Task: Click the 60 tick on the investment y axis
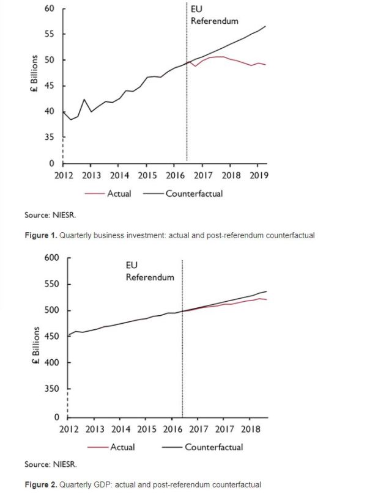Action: [50, 9]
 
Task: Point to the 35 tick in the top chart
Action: [50, 137]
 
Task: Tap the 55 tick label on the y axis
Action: [50, 34]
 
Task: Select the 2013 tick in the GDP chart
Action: [95, 429]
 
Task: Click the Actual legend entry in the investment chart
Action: [119, 194]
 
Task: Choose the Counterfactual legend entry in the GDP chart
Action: [213, 447]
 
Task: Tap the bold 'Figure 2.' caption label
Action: [41, 484]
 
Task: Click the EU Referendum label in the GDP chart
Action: [150, 272]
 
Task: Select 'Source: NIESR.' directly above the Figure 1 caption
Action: [51, 216]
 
